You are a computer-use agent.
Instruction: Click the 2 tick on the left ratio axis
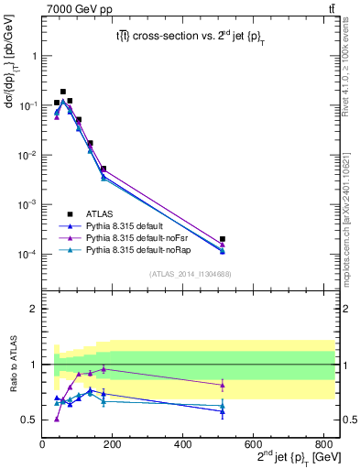(34, 309)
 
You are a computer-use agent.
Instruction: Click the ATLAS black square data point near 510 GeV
(223, 239)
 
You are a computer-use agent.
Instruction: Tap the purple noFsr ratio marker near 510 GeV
(223, 385)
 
